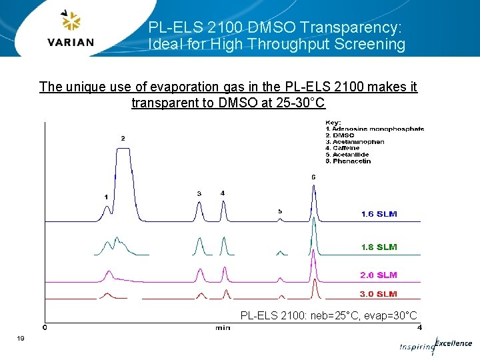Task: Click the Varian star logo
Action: point(70,21)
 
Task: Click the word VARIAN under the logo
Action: point(71,42)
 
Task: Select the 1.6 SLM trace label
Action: point(379,214)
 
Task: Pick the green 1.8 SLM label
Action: point(379,247)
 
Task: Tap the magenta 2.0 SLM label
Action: point(379,275)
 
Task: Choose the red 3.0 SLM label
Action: point(379,294)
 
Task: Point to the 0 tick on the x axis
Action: point(45,327)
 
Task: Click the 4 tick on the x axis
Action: point(419,327)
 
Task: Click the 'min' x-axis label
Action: point(223,327)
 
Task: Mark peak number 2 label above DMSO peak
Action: point(123,138)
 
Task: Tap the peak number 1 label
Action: point(106,197)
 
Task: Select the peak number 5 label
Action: point(280,211)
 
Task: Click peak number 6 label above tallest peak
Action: point(313,177)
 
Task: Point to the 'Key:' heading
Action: point(333,123)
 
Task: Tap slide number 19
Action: point(21,340)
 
